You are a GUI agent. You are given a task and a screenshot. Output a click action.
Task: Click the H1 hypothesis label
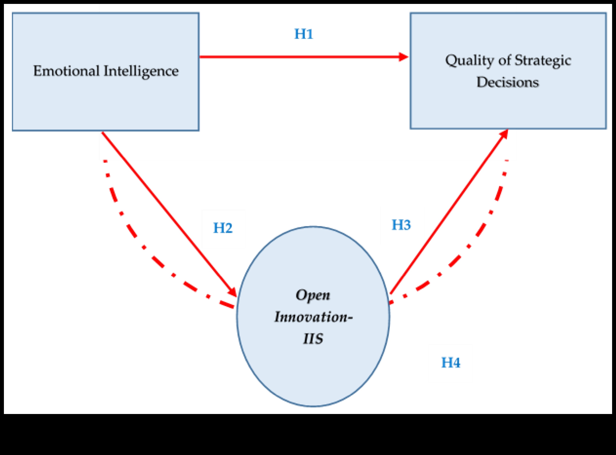tap(304, 34)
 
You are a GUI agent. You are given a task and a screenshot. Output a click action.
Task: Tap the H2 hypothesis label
tap(223, 228)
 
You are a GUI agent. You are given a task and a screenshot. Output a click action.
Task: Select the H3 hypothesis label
tap(401, 225)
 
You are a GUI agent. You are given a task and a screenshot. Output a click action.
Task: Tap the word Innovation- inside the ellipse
tap(313, 317)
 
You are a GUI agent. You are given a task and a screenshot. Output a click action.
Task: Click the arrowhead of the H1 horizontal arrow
tap(403, 57)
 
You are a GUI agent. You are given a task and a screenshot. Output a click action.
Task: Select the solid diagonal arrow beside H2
tap(165, 209)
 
